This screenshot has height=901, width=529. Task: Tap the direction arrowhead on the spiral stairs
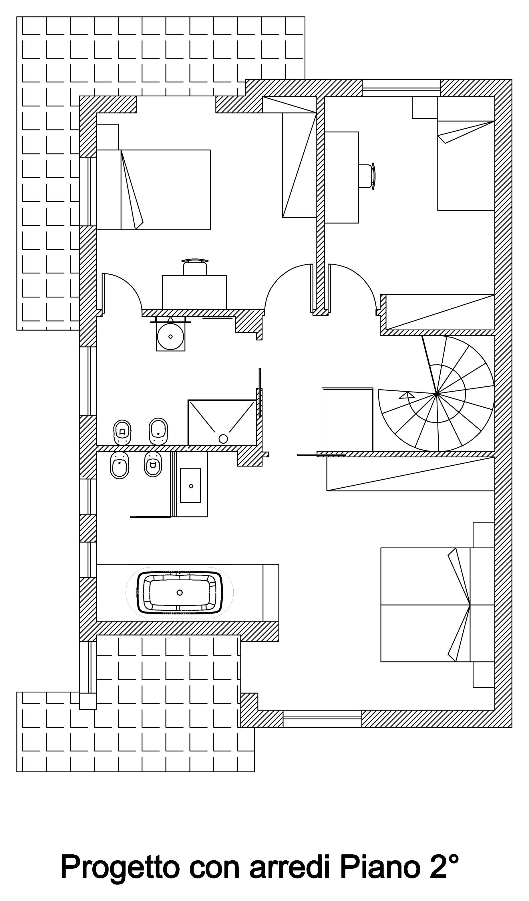tap(407, 395)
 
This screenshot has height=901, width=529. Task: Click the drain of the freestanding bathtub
tap(180, 592)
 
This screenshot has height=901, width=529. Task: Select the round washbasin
tap(170, 336)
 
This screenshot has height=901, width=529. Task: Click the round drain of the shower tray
tap(223, 439)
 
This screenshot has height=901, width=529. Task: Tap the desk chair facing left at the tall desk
tap(367, 176)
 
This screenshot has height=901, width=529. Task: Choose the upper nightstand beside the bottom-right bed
tap(484, 535)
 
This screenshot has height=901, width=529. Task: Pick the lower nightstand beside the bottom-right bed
tap(484, 675)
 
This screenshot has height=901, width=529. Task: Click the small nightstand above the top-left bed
tap(107, 137)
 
